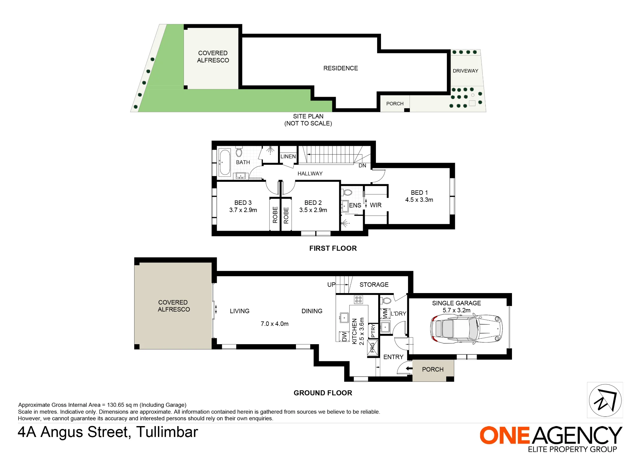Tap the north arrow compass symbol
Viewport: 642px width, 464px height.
[x=605, y=400]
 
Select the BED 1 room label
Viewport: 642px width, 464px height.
[x=419, y=192]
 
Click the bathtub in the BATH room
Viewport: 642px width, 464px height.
[x=225, y=162]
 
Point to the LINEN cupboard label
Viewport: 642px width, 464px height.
[x=288, y=156]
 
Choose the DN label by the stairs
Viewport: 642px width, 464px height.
[x=362, y=165]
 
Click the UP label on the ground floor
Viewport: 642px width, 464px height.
[x=331, y=285]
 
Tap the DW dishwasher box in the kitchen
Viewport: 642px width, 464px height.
[x=344, y=336]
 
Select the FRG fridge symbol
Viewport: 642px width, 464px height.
[x=372, y=348]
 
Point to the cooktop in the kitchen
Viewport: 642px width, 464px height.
[x=358, y=299]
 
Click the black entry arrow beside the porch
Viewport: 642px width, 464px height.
[x=409, y=369]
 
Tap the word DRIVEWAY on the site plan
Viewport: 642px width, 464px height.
[x=465, y=71]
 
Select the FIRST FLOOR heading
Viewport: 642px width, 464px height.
[x=333, y=248]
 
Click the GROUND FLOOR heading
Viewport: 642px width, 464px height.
[x=323, y=393]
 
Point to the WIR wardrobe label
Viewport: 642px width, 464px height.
[x=376, y=205]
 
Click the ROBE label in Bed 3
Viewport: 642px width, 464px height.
[x=275, y=215]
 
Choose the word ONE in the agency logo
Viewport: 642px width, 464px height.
[x=505, y=436]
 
